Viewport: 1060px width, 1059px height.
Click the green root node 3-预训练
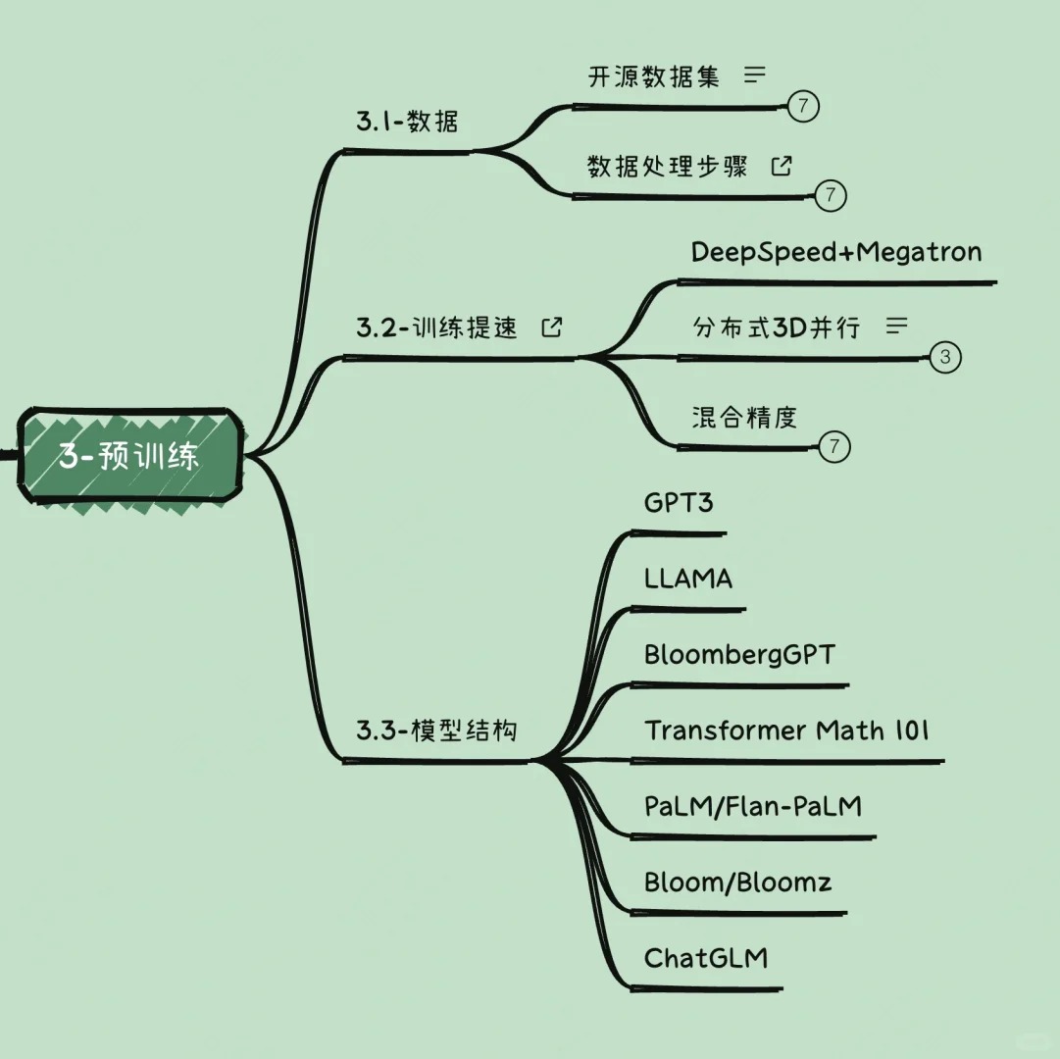click(128, 457)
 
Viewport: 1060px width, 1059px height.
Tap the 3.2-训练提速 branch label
click(436, 328)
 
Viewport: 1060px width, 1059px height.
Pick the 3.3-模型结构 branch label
click(436, 731)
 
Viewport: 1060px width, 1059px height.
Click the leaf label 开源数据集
click(654, 77)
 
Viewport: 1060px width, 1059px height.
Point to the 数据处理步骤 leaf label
click(668, 167)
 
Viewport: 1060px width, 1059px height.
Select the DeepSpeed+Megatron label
click(836, 253)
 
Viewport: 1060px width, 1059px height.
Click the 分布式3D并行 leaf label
click(776, 328)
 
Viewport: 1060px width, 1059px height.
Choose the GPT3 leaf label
click(680, 504)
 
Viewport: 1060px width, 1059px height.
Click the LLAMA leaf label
click(688, 579)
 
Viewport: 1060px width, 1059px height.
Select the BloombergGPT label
click(740, 655)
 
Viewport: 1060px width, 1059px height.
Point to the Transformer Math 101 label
click(787, 731)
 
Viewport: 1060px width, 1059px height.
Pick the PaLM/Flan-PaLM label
click(753, 807)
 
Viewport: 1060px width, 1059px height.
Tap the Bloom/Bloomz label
click(738, 882)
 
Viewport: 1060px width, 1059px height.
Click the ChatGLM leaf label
click(706, 958)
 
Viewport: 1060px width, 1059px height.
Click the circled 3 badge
click(944, 358)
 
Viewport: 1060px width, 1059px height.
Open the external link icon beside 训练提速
click(553, 328)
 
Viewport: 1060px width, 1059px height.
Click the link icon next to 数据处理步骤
click(782, 166)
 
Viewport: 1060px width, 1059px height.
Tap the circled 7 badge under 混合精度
click(833, 447)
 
